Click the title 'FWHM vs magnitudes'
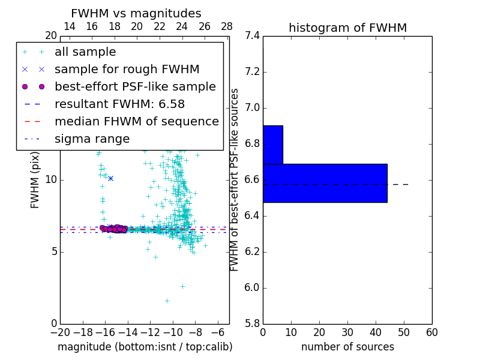pos(136,13)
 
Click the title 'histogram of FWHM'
pos(347,28)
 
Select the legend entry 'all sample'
pos(85,52)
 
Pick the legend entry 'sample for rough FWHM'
pos(127,70)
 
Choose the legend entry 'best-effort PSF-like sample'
pos(135,86)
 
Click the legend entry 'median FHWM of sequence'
pos(136,121)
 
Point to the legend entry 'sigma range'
pos(92,139)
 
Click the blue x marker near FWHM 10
pos(110,178)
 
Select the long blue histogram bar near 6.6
pos(325,182)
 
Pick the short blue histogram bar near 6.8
pos(272,145)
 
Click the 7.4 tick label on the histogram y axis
pos(252,36)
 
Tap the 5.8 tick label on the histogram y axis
pos(252,323)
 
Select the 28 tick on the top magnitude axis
pos(227,26)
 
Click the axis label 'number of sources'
pos(347,347)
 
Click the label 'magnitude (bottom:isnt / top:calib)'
pos(145,347)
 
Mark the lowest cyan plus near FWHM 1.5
pos(167,301)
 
